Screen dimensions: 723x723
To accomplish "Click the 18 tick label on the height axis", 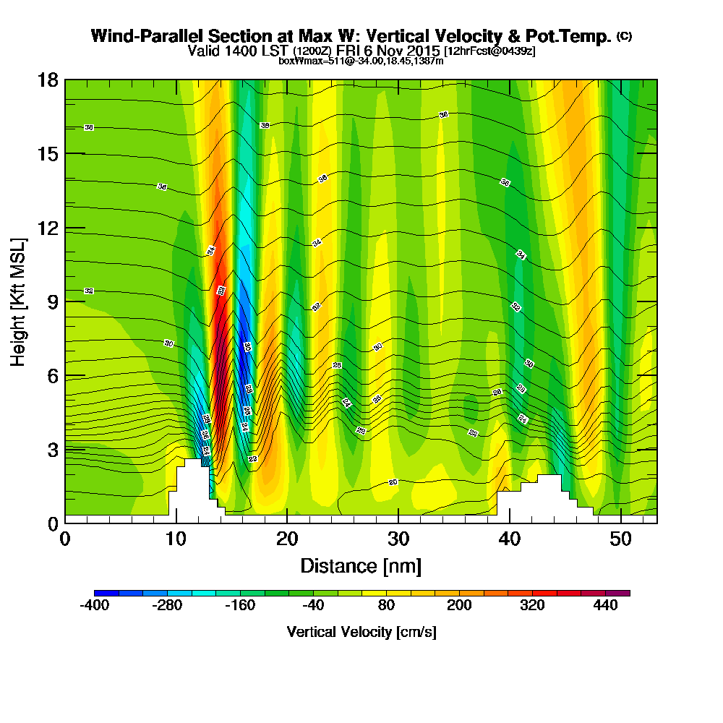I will pyautogui.click(x=47, y=80).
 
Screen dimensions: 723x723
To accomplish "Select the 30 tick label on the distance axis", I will pyautogui.click(x=398, y=539).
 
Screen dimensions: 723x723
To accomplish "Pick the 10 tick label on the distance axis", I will pyautogui.click(x=176, y=539).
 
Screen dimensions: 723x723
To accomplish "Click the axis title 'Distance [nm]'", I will pyautogui.click(x=361, y=565).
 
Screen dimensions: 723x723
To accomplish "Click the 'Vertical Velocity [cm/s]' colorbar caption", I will pyautogui.click(x=361, y=632).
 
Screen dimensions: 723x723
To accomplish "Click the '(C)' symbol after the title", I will pyautogui.click(x=624, y=35).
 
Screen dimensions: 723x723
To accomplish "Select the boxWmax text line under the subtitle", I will pyautogui.click(x=361, y=61).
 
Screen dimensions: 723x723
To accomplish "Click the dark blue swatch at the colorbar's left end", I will pyautogui.click(x=100, y=593).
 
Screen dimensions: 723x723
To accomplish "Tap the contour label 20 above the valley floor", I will pyautogui.click(x=393, y=482).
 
